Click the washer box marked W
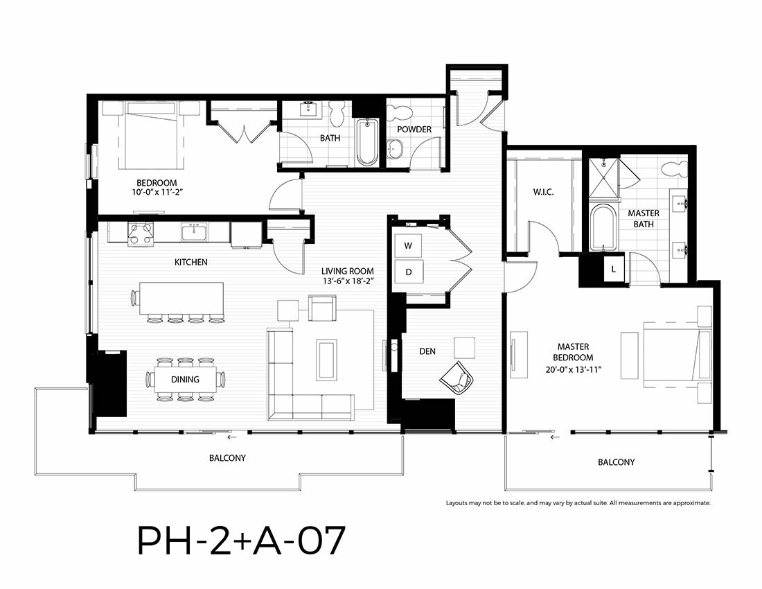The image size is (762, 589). point(408,246)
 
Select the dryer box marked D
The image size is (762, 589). point(408,272)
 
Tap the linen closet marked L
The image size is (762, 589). point(613,269)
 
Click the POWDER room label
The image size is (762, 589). point(414,130)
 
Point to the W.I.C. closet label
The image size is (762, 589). point(543,192)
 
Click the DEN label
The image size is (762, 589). point(427,351)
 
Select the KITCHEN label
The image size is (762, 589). point(191,262)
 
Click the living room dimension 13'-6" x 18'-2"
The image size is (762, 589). point(348,281)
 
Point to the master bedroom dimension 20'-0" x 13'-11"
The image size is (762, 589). point(574,369)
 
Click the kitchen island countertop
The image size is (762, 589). point(181,299)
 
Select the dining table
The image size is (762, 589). point(185,379)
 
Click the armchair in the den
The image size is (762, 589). point(457,377)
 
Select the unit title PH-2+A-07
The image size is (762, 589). point(242,540)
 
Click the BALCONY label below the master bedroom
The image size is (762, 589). point(617,462)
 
